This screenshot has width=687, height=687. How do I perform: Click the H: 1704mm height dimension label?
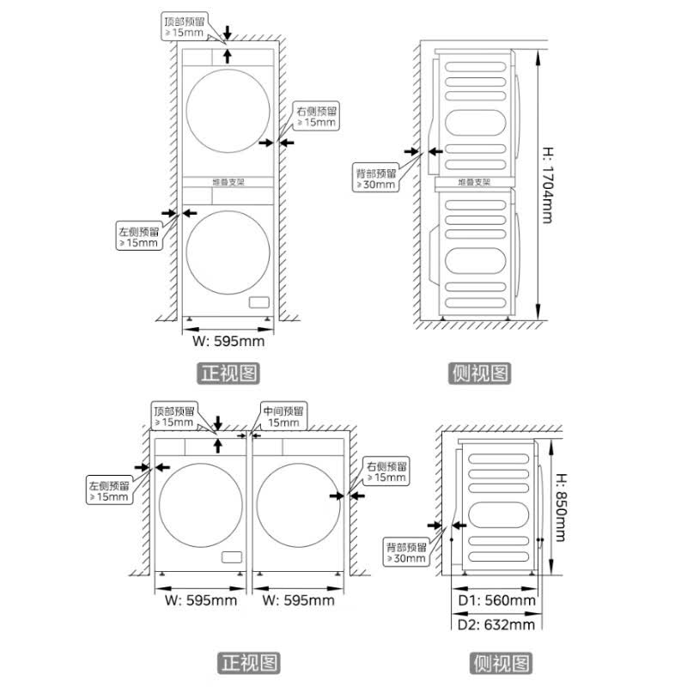click(548, 185)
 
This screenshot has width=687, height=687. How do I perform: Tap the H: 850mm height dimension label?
click(562, 508)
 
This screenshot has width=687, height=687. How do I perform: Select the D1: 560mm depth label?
click(496, 600)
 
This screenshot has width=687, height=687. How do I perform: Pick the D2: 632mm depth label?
click(496, 624)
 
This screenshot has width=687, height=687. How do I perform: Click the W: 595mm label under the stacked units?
click(228, 341)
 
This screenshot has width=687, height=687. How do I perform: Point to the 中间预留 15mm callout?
click(283, 416)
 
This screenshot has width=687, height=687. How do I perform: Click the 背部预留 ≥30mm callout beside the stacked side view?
click(376, 178)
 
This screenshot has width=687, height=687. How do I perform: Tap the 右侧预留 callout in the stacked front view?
click(316, 116)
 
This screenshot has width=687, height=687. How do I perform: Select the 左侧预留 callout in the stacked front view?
click(139, 236)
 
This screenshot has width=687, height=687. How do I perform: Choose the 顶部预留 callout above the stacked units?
click(185, 27)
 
